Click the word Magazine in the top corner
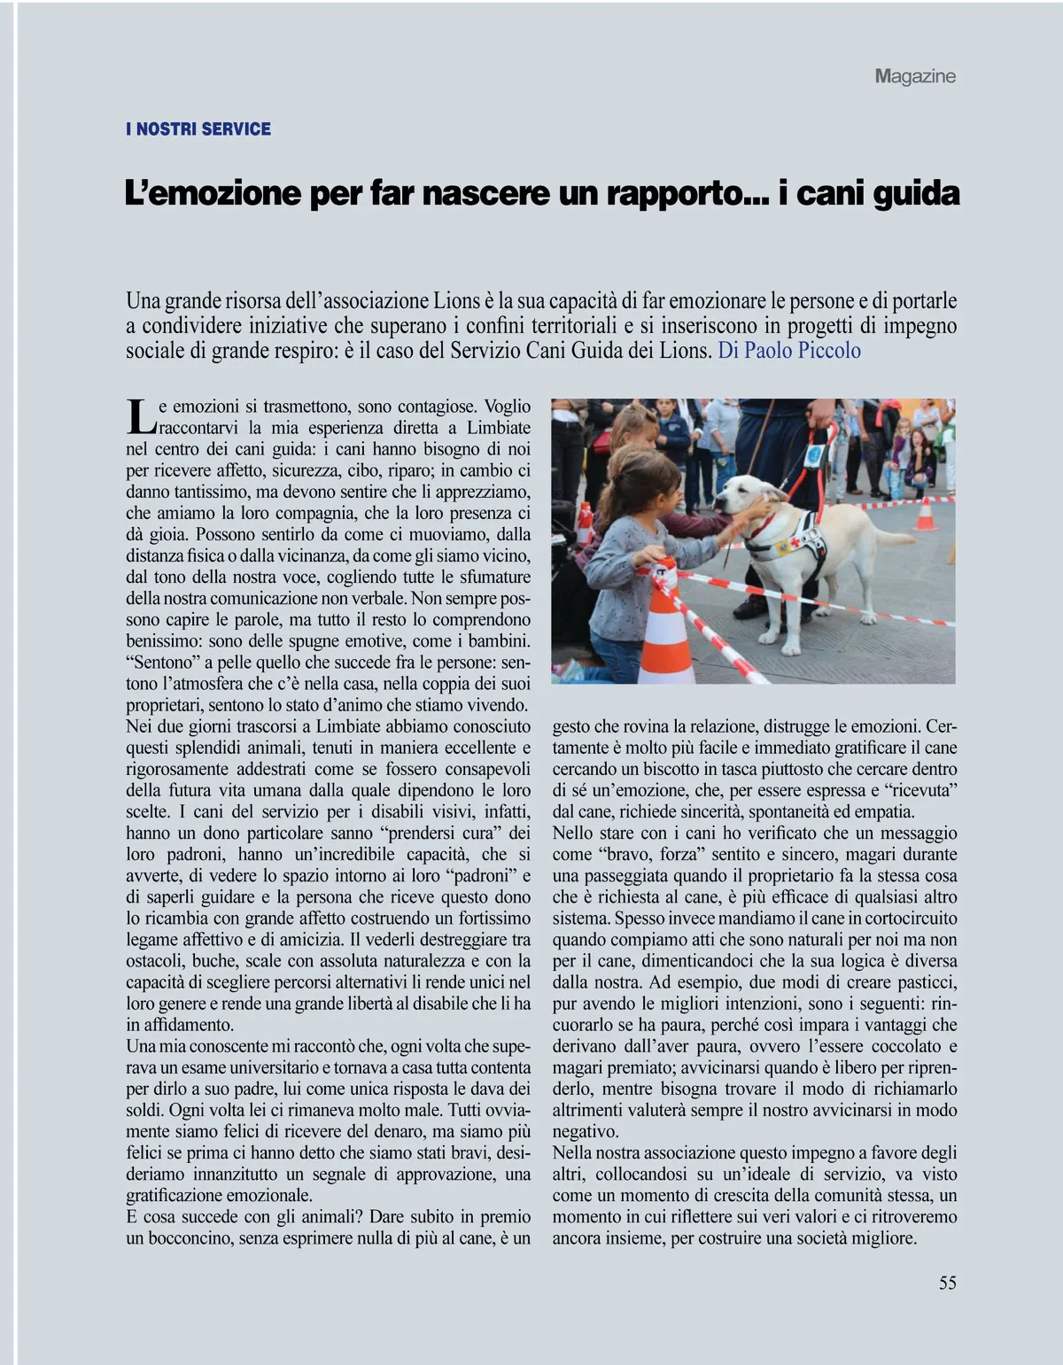click(x=915, y=76)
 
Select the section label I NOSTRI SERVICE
click(x=198, y=129)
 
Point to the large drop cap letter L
click(x=140, y=416)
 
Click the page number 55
click(x=947, y=1283)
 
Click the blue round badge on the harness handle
click(x=814, y=454)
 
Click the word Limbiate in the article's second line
click(x=499, y=428)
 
